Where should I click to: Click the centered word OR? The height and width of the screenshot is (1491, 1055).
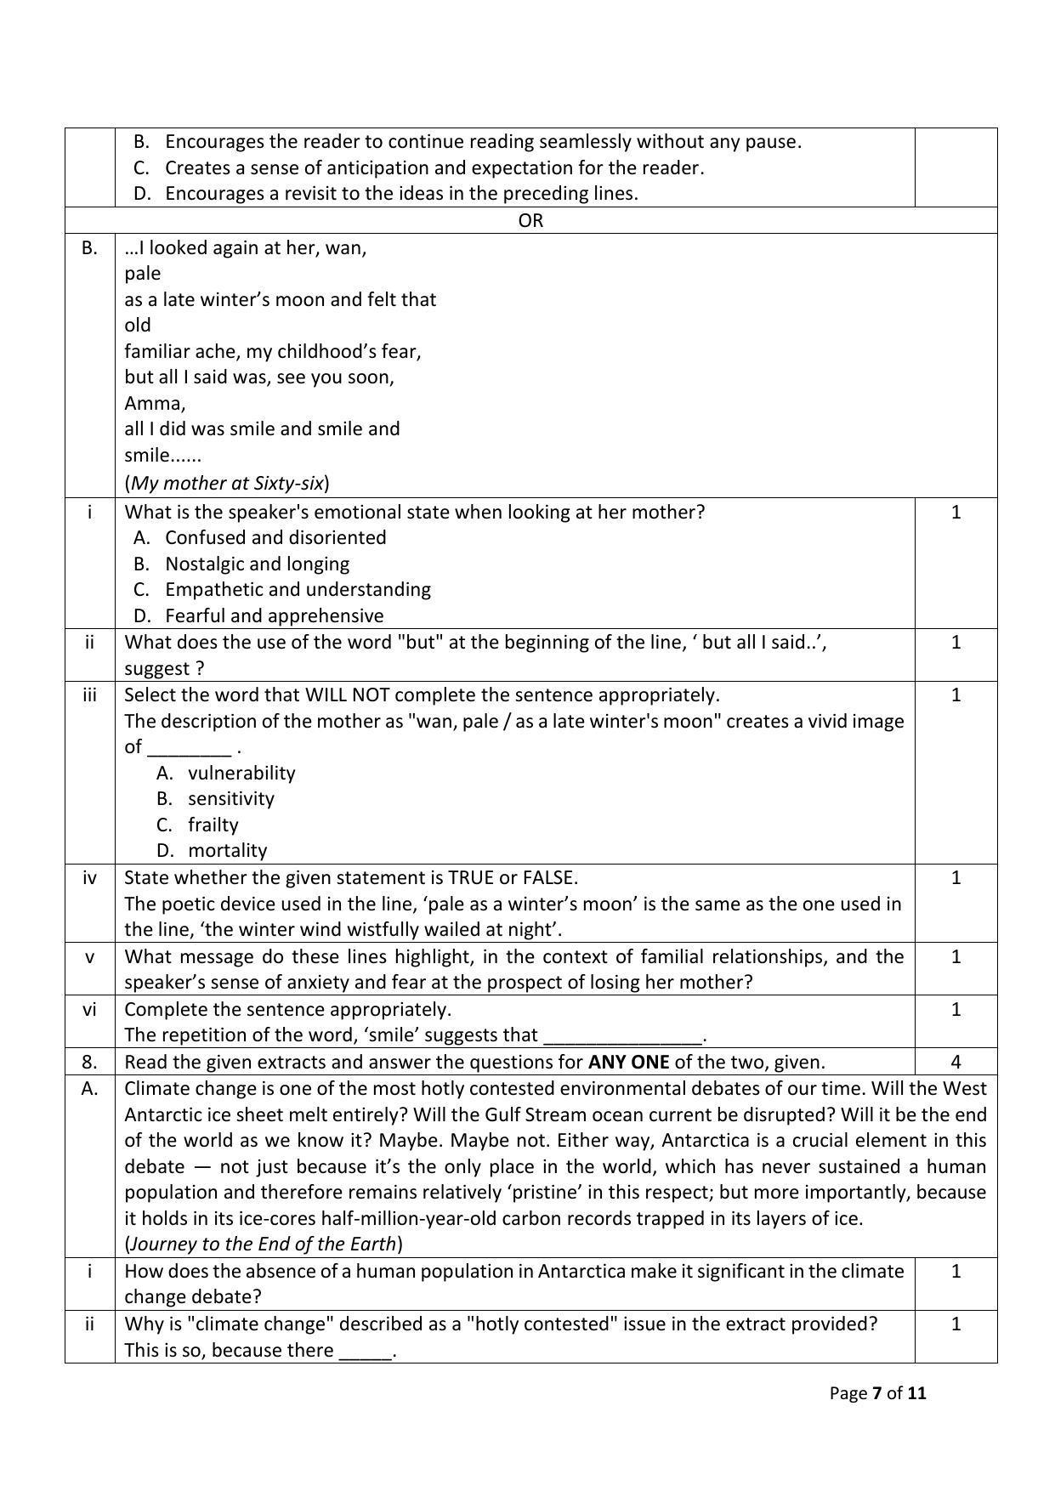point(530,221)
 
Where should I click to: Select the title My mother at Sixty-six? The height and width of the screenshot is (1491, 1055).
point(227,483)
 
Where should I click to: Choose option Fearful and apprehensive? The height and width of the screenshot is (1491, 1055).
point(274,615)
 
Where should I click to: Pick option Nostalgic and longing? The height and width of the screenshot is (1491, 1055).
point(257,564)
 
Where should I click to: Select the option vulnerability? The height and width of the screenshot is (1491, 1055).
point(241,773)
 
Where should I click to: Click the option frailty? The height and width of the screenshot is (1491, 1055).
point(213,825)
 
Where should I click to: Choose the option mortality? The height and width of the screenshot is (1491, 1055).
point(227,850)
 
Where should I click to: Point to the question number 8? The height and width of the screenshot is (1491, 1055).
point(89,1062)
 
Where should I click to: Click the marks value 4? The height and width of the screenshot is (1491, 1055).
point(956,1062)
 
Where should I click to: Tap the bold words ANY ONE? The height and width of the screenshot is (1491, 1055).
point(628,1062)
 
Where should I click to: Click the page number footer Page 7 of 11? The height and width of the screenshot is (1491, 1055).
point(877,1393)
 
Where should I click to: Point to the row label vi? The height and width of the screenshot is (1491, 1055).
point(89,1009)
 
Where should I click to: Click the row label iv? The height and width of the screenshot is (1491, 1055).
point(89,877)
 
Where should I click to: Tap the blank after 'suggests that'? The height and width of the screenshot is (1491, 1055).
point(623,1036)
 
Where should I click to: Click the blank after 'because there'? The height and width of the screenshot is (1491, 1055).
point(366,1351)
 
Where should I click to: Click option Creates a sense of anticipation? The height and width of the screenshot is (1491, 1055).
point(434,167)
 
